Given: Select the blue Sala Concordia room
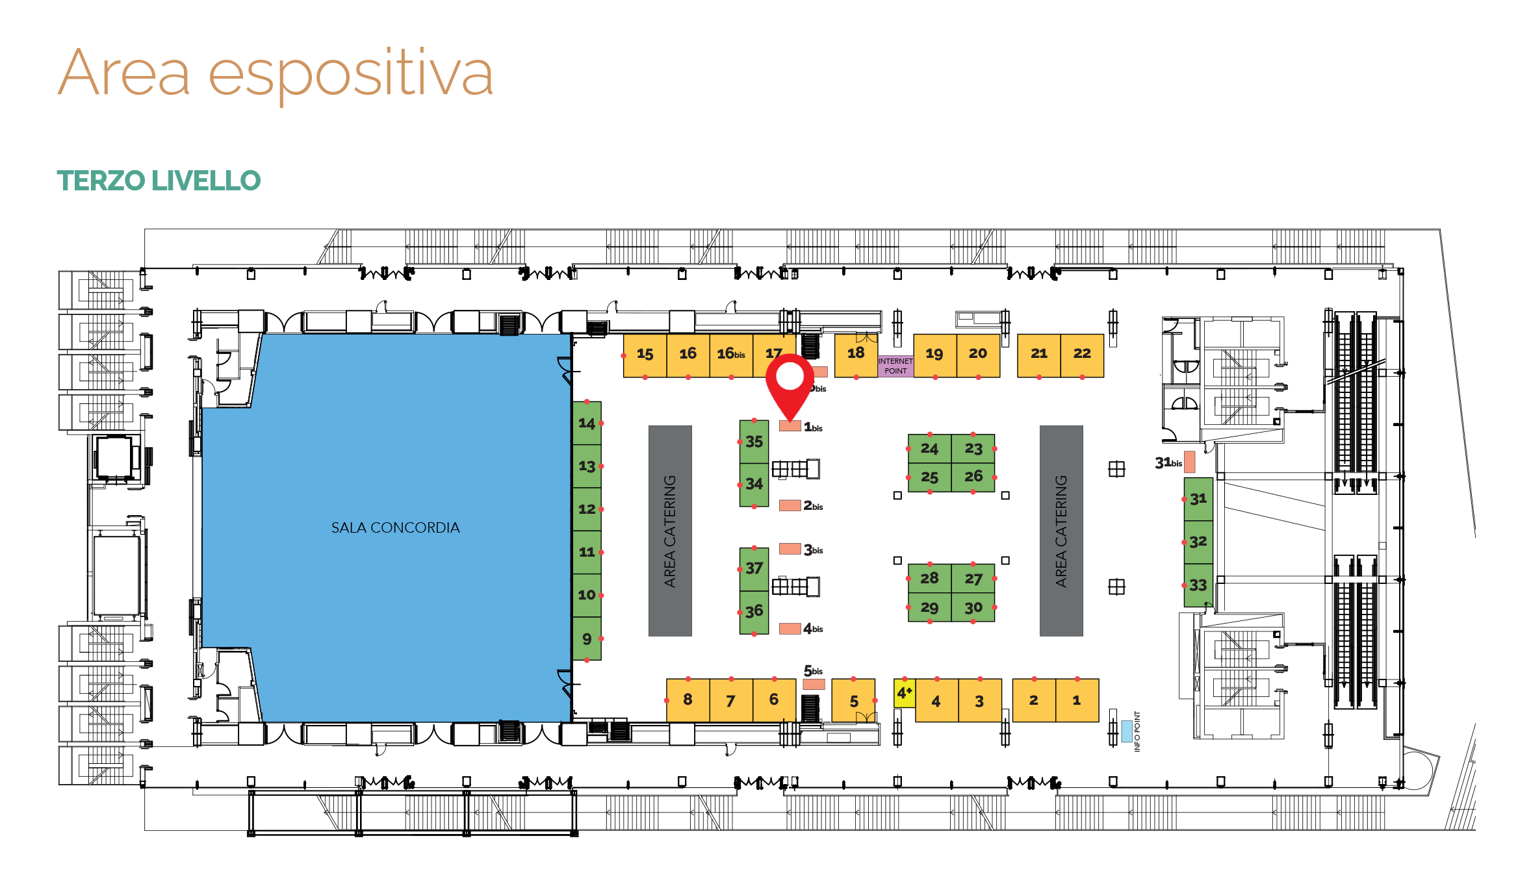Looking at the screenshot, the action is (x=390, y=527).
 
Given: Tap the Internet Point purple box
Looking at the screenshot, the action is (x=895, y=366).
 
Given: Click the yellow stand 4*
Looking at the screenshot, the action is (x=904, y=694).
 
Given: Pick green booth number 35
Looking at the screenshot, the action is (x=754, y=442).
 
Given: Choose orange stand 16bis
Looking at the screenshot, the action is (x=731, y=355).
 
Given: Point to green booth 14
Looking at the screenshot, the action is (x=587, y=423).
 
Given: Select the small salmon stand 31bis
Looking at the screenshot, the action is (x=1189, y=462).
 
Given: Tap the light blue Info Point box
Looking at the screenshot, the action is (x=1127, y=731).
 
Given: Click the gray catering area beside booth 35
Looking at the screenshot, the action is (x=670, y=531).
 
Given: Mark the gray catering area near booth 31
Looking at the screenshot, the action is (x=1061, y=531).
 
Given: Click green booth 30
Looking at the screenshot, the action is (x=973, y=607).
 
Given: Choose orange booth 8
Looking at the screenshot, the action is (x=688, y=700).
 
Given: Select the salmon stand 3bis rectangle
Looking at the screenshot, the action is (x=790, y=549).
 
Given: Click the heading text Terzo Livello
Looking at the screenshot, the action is (x=159, y=181).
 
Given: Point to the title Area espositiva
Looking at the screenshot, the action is (x=276, y=73).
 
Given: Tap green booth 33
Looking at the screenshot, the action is (x=1198, y=585).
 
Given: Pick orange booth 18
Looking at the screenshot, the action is (x=856, y=355).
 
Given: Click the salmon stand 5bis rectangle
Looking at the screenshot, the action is (x=814, y=684).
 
